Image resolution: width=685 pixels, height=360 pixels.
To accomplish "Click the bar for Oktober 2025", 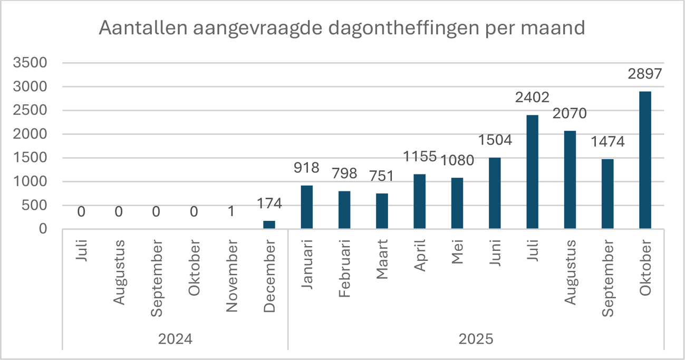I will click(645, 160).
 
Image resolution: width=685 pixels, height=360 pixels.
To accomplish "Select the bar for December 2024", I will click(269, 225).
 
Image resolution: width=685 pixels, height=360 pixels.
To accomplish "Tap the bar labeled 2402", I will click(532, 172).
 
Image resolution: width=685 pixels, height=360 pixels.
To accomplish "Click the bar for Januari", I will click(306, 207).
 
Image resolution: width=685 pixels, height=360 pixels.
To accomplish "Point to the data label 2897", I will click(645, 74).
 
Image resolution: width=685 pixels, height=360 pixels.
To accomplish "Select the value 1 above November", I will click(231, 211).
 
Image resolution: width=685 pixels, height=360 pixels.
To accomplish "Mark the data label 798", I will click(344, 173).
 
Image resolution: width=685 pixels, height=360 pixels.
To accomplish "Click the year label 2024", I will click(175, 338).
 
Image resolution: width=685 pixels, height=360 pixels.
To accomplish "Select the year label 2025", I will click(476, 338).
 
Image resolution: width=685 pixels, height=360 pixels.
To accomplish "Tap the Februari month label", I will click(344, 268).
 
